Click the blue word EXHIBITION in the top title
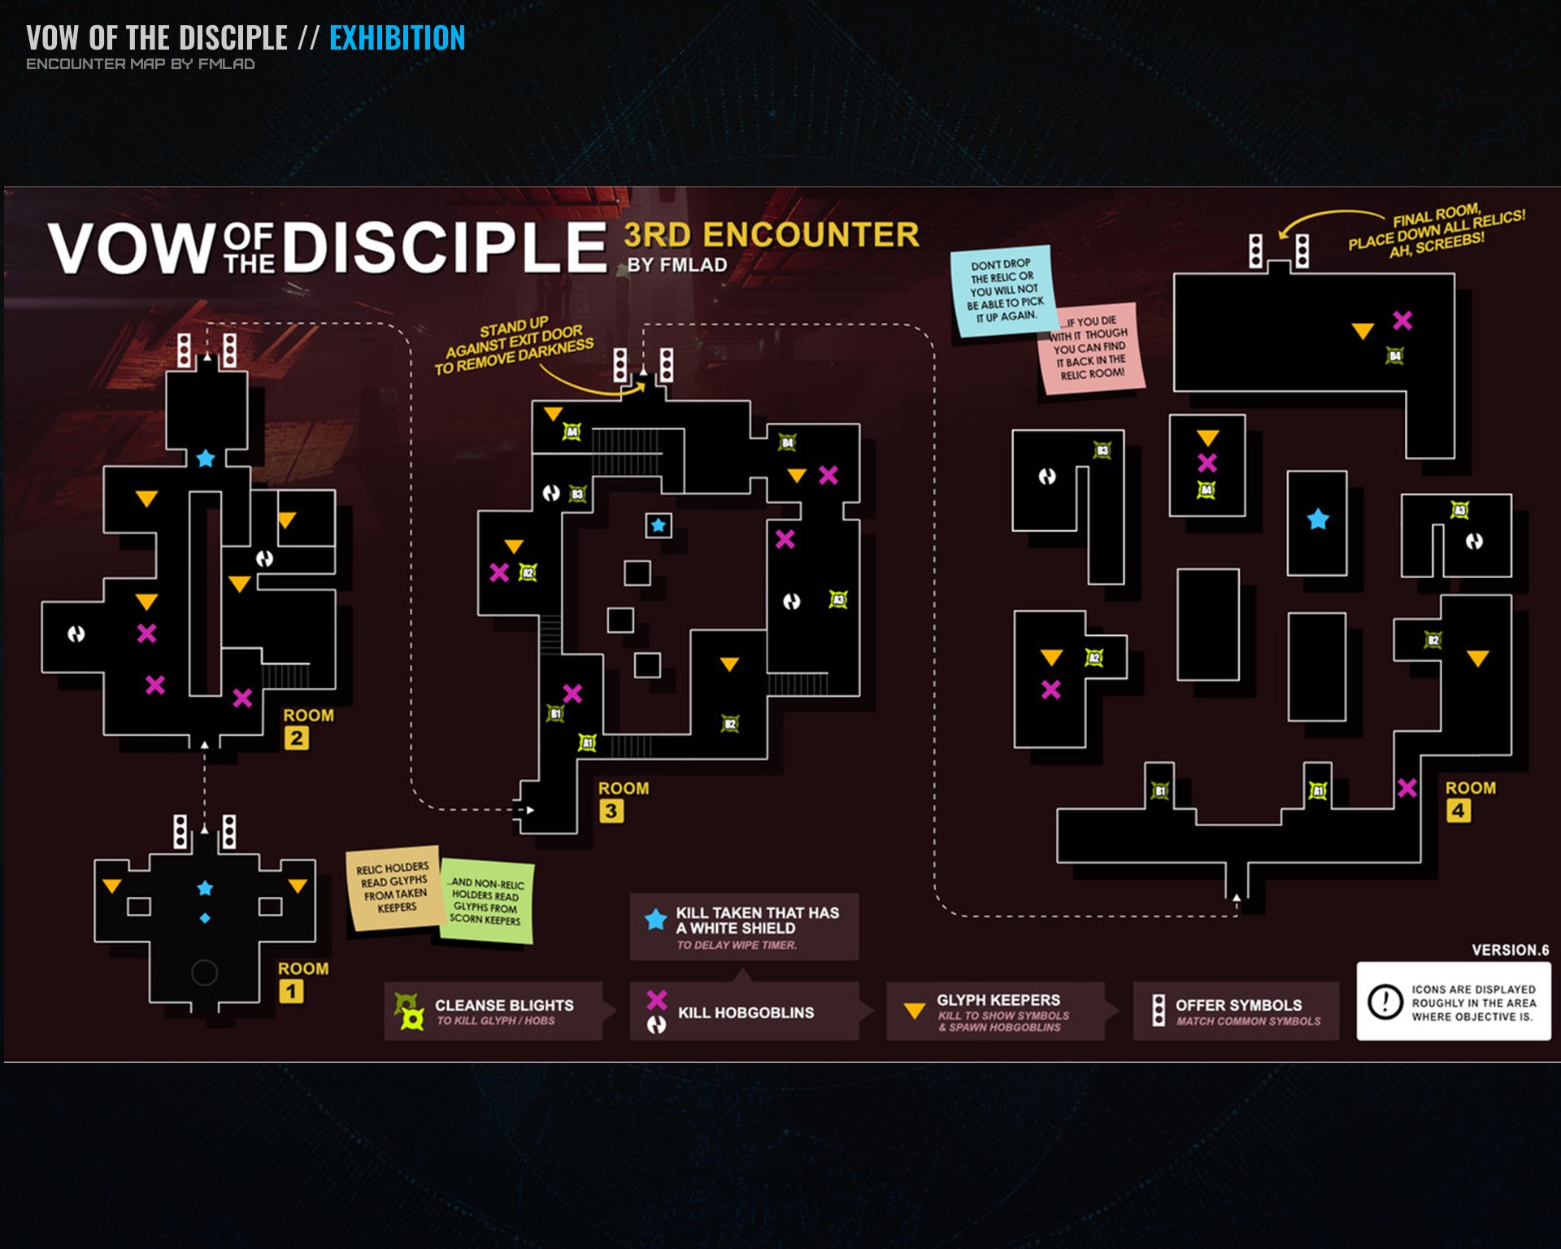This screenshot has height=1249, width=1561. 397,38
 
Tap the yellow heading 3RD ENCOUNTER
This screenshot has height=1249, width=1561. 771,235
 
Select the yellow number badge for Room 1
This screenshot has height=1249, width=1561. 291,991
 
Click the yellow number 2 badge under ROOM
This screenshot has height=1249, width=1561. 297,738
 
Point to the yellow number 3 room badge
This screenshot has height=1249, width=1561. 611,811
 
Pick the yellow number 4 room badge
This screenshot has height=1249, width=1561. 1459,811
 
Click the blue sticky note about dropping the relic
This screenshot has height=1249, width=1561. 1003,289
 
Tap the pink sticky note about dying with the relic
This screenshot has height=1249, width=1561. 1092,349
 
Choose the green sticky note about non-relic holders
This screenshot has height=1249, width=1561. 486,902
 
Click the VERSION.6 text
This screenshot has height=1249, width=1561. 1510,950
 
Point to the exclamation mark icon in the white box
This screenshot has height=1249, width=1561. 1385,1001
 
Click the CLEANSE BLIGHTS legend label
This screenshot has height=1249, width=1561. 504,1005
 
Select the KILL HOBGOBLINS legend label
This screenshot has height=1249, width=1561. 746,1012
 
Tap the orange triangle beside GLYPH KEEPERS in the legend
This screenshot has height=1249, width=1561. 915,1011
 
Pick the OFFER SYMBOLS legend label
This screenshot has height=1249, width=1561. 1238,1005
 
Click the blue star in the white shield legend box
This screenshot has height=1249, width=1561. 655,920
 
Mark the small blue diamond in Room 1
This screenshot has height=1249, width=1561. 205,918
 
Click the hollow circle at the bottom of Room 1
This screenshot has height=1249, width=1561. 204,972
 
